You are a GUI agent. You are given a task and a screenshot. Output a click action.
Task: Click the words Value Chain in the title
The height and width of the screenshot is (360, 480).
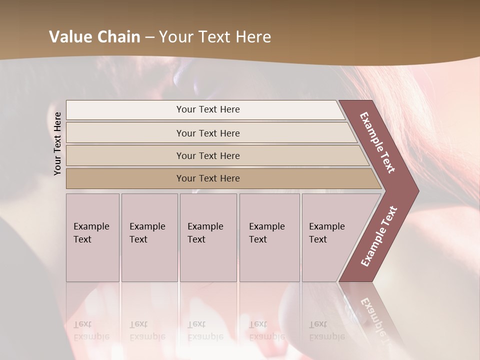(94, 37)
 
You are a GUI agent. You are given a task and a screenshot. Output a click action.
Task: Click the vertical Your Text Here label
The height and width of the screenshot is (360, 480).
(57, 143)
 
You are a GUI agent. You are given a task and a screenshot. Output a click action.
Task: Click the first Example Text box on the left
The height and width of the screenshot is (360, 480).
(92, 237)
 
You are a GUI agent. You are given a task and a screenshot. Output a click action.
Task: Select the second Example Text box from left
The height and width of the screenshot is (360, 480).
(149, 237)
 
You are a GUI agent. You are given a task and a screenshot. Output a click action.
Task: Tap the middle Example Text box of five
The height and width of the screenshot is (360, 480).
(208, 237)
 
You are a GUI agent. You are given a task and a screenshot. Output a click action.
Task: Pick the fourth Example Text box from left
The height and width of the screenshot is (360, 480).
(269, 237)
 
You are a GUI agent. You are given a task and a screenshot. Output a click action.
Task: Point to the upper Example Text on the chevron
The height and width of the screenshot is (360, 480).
(377, 142)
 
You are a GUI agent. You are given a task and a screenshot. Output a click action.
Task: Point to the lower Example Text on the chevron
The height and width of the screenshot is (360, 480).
(379, 236)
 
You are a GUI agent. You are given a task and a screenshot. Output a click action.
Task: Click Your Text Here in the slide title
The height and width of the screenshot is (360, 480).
(215, 37)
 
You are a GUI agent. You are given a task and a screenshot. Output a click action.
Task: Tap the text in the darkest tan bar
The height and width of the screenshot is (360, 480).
(208, 178)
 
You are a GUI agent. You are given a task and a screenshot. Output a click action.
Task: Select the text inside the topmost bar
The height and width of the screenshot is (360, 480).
(208, 109)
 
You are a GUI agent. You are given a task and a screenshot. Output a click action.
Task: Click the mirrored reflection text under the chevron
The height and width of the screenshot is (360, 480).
(373, 315)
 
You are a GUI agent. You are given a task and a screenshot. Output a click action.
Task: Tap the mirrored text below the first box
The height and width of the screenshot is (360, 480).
(91, 330)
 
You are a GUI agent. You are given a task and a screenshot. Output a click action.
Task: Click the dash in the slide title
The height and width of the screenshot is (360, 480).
(149, 37)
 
